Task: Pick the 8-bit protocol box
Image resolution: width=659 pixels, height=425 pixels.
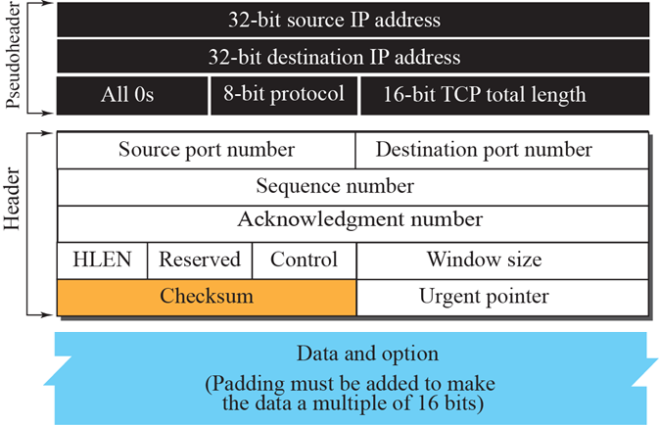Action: tap(284, 95)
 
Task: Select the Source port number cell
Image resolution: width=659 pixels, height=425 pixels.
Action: tap(207, 150)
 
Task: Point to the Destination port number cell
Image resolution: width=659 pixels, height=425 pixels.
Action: tap(501, 150)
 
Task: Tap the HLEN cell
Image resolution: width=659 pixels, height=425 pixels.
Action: tap(102, 260)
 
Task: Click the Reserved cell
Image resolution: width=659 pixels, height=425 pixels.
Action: tap(200, 260)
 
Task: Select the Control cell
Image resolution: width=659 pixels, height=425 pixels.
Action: tap(304, 260)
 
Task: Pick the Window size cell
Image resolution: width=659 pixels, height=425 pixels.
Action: tap(501, 260)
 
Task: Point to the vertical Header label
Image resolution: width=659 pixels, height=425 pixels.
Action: tap(17, 224)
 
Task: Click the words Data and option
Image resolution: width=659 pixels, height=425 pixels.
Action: tap(353, 353)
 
